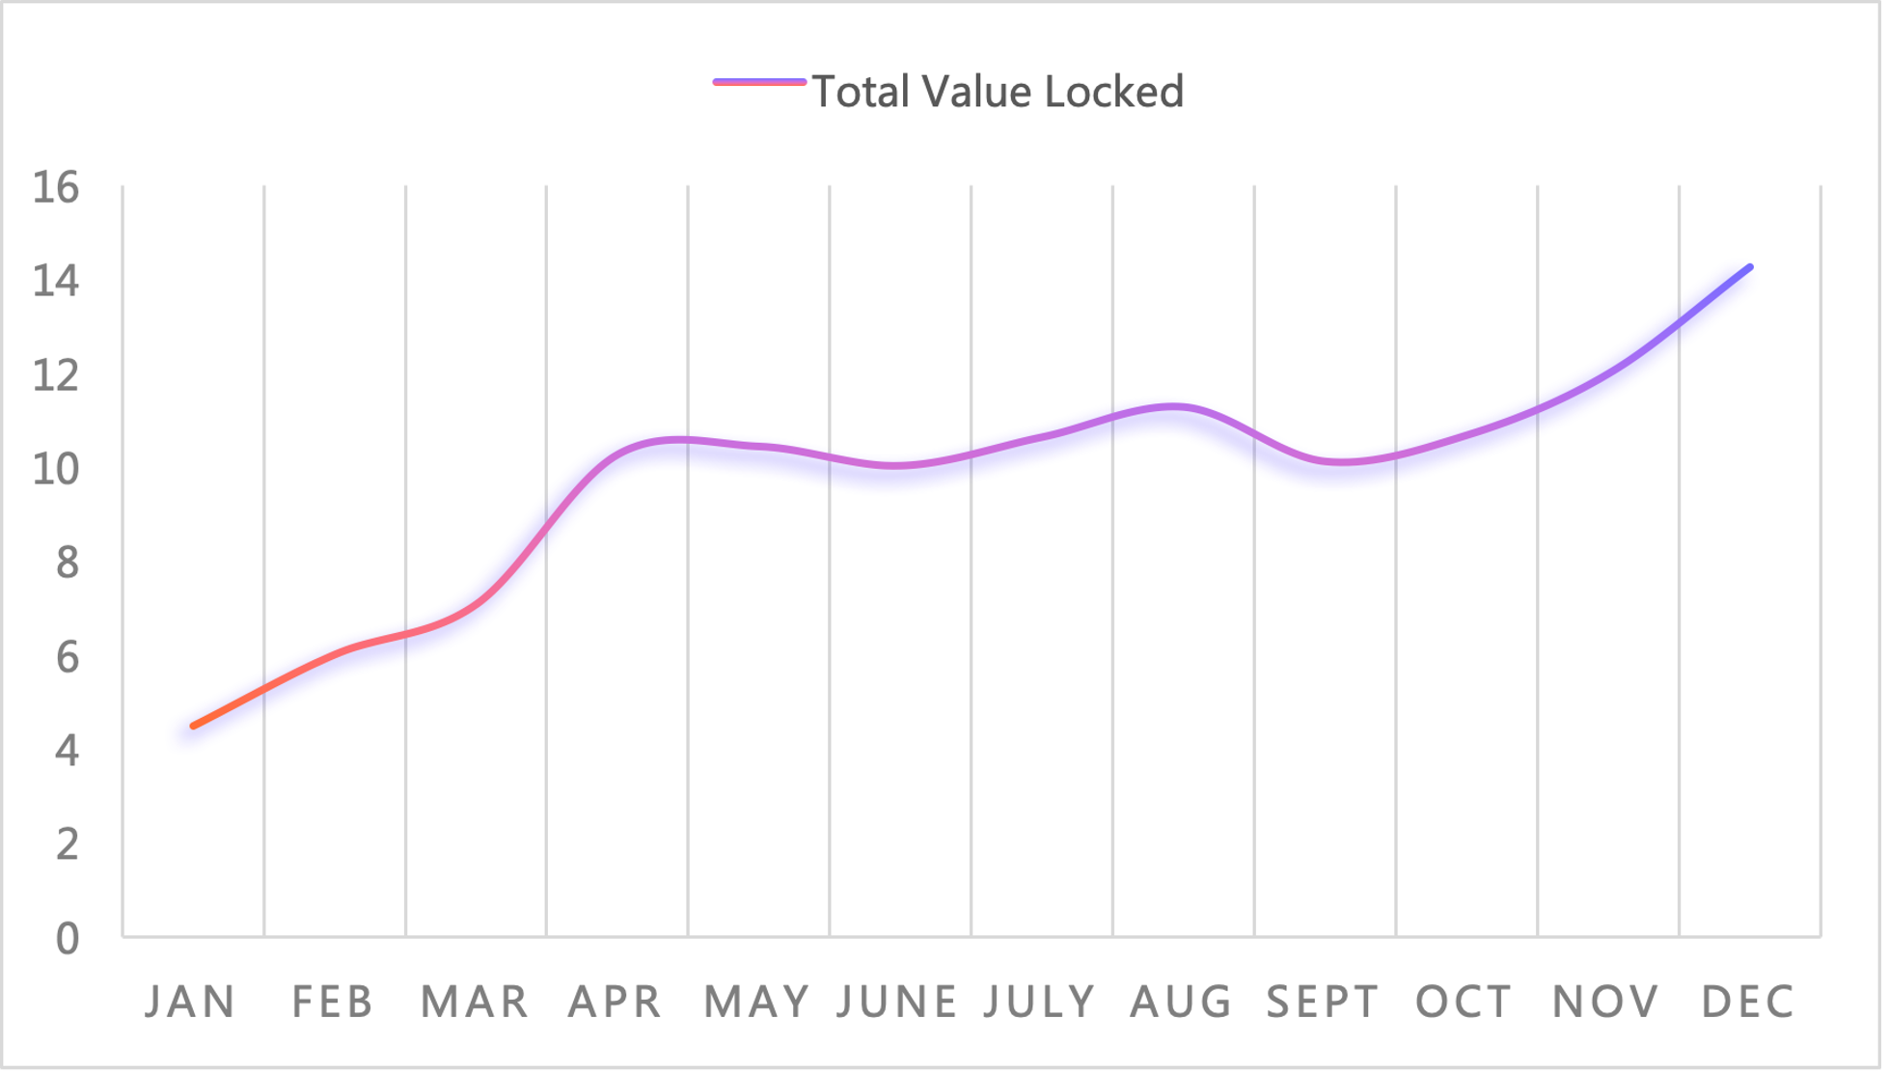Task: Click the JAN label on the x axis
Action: coord(190,1002)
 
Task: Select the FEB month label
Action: coord(333,1002)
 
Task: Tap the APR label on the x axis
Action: coord(616,1002)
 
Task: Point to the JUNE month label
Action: coord(897,1002)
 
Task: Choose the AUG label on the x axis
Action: coord(1182,1002)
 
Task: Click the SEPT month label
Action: coord(1323,1002)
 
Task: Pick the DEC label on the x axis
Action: coord(1748,1002)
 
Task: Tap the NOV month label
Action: coord(1606,1002)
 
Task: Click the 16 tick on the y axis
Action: coord(56,187)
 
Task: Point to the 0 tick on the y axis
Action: coord(67,938)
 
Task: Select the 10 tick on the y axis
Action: coord(56,469)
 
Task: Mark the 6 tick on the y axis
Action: coord(67,657)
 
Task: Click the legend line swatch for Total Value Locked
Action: coord(759,83)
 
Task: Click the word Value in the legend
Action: coord(976,92)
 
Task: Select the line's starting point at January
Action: coord(194,726)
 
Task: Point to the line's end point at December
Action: coord(1749,267)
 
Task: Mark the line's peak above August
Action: coord(1174,406)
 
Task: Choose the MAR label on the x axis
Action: coord(475,1002)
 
